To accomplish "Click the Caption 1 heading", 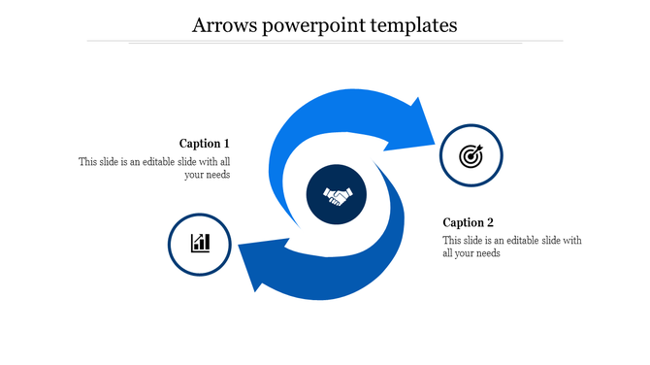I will coord(205,144).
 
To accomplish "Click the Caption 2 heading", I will coord(469,222).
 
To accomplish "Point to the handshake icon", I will coord(338,197).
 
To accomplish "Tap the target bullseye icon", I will coord(471,155).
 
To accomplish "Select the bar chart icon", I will coord(200,243).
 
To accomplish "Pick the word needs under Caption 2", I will coord(484,254).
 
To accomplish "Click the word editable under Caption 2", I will coord(523,241).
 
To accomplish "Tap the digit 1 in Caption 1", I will coord(226,144).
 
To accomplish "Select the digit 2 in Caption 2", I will coord(490,222).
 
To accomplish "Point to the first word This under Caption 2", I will coord(453,241).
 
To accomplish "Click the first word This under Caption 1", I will coord(88,162).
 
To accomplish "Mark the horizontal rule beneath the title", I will coord(325,42).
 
